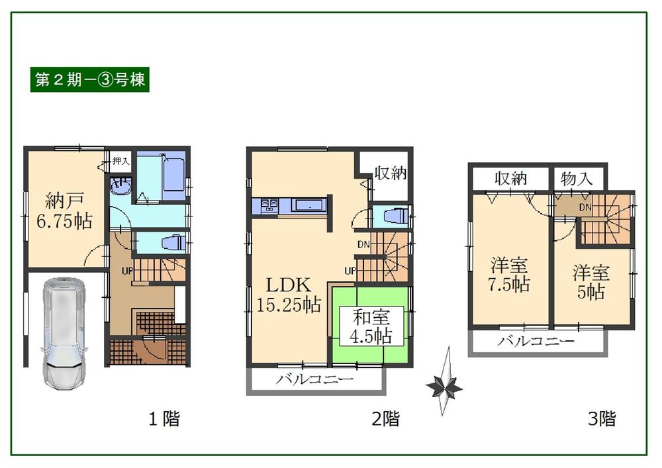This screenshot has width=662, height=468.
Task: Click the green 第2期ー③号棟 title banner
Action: [x=90, y=79]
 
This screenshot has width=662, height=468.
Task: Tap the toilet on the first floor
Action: [x=173, y=242]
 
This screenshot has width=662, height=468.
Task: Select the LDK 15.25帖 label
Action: [x=289, y=295]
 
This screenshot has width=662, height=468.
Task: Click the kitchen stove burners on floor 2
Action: [x=270, y=205]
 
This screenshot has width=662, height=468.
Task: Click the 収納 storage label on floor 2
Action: [x=390, y=173]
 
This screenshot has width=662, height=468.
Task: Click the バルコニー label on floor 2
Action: [x=314, y=380]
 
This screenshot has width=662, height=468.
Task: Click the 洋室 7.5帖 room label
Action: [x=510, y=275]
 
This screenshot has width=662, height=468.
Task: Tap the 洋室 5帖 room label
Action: [x=591, y=282]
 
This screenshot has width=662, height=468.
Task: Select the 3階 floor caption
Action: [x=602, y=418]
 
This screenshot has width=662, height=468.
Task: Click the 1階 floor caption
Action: [x=163, y=418]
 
